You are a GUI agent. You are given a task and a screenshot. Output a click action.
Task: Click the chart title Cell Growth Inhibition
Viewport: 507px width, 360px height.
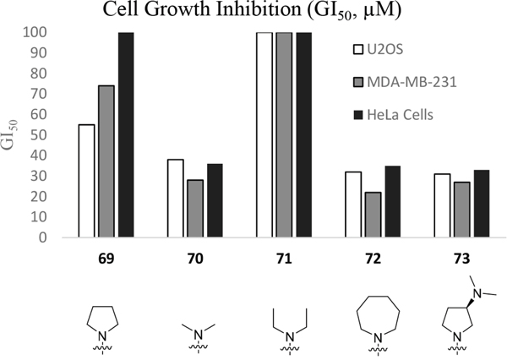253,11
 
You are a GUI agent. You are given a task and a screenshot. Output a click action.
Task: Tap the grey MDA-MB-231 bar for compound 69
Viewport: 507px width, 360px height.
106,161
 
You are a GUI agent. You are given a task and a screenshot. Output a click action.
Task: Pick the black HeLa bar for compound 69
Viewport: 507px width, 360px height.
126,134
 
